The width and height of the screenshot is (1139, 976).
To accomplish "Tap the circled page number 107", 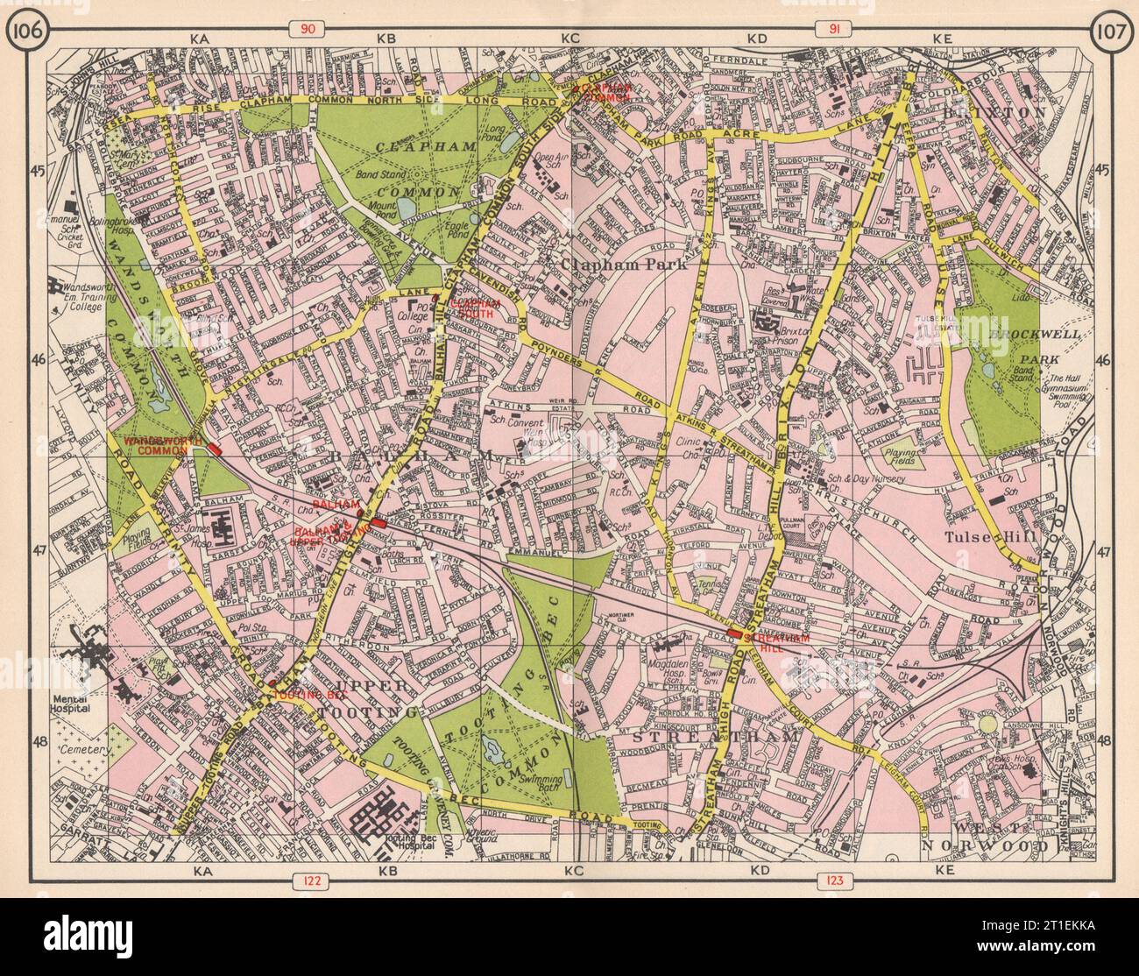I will click(x=1109, y=32).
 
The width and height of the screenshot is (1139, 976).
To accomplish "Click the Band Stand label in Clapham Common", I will click(x=366, y=187).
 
